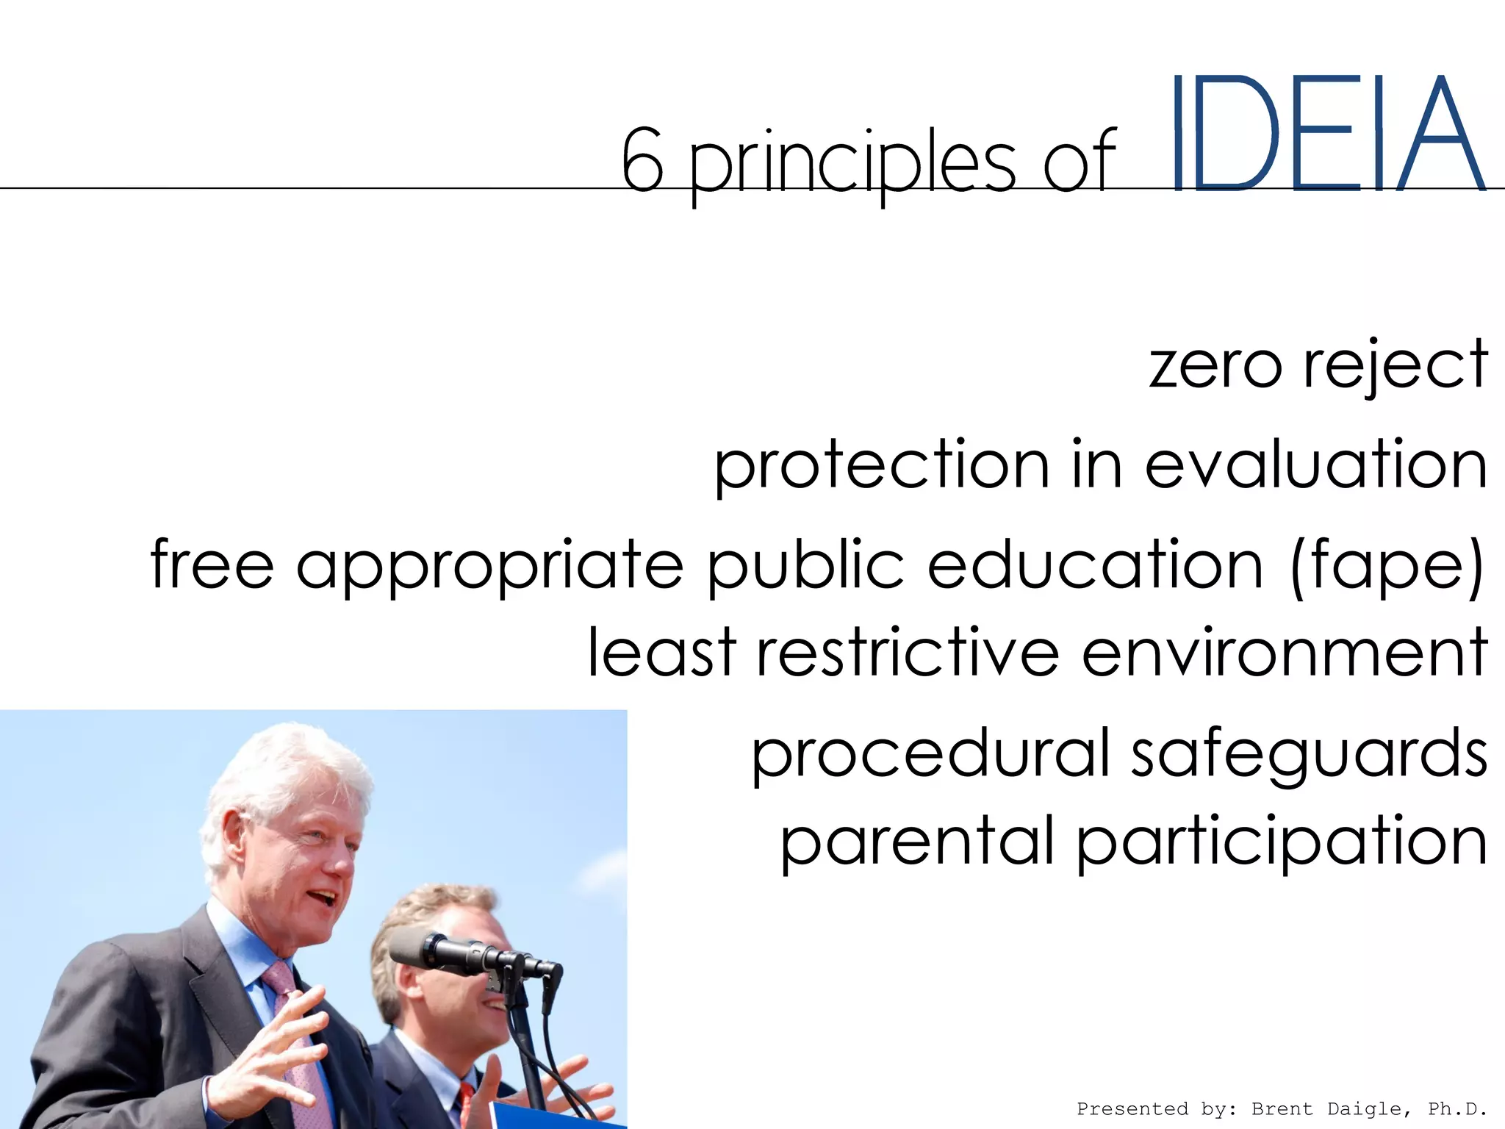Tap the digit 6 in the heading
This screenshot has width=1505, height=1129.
coord(642,160)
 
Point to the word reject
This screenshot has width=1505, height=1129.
coord(1395,365)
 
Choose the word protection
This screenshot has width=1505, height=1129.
coord(882,465)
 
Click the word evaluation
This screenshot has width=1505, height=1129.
coord(1316,465)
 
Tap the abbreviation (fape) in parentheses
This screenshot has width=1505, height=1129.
coord(1386,566)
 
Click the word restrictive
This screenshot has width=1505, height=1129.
coord(908,653)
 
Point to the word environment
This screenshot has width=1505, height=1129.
coord(1285,653)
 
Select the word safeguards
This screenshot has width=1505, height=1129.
coord(1309,756)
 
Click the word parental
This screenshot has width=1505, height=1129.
coord(918,842)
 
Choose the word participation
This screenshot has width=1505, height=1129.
coord(1282,844)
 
